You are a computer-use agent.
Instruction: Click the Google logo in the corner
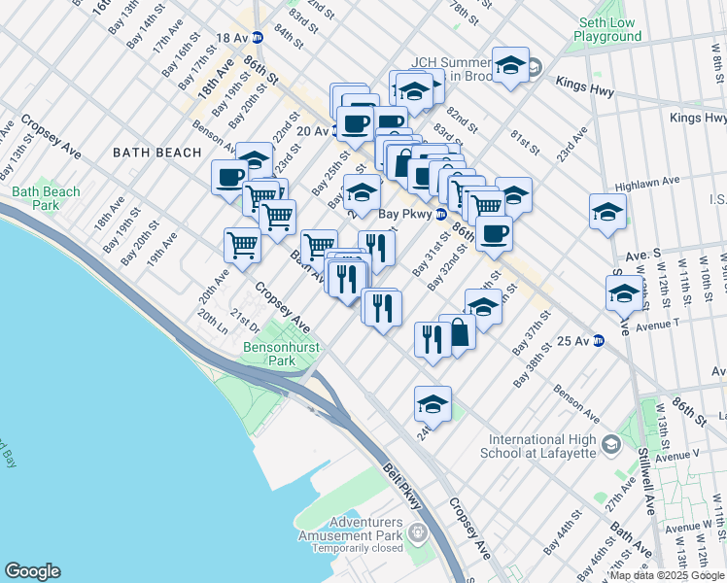point(32,571)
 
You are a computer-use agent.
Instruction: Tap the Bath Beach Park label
point(47,198)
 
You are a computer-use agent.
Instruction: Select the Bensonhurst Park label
point(268,354)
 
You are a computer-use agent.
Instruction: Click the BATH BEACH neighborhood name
point(156,153)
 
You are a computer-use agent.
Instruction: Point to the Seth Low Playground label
point(607,29)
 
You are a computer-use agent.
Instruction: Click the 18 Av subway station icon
point(258,38)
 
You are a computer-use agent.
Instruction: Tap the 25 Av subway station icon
point(599,340)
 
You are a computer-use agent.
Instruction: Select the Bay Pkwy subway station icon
point(440,214)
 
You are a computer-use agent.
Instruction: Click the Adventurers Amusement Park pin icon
point(417,532)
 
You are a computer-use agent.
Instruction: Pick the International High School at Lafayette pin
point(611,445)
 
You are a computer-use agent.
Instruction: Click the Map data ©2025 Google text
point(666,575)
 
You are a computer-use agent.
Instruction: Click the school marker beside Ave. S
point(624,291)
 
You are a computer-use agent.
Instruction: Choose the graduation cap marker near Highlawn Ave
point(607,211)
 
